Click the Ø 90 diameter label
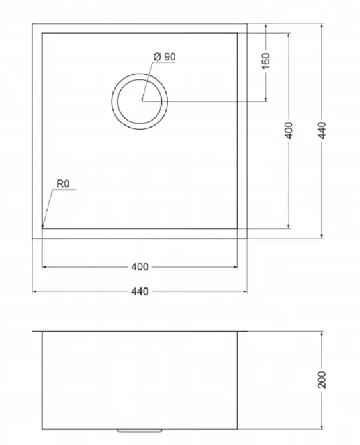(164, 57)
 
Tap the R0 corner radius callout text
(63, 184)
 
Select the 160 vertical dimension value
(265, 61)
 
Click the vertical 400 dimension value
(289, 130)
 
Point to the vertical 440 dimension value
(322, 130)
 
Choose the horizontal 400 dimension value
(140, 267)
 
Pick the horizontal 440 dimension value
(140, 291)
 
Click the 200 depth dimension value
(322, 379)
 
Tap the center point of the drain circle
(142, 99)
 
